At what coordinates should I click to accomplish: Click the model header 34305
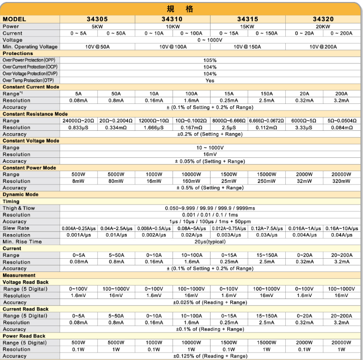[97, 19]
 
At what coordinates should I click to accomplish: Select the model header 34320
[323, 19]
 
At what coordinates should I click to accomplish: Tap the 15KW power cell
[247, 26]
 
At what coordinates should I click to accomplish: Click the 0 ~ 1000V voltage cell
[210, 40]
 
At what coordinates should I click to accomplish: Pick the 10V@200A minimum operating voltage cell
[323, 47]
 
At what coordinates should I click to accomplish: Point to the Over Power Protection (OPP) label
[30, 60]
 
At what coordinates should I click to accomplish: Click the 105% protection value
[210, 60]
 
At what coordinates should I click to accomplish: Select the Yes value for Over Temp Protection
[210, 80]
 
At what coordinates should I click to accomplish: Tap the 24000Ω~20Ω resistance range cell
[78, 120]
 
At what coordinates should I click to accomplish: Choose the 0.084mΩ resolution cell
[342, 127]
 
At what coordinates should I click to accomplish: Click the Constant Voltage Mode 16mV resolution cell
[210, 154]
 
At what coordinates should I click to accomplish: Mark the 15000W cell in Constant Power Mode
[267, 175]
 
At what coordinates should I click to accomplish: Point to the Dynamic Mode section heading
[20, 194]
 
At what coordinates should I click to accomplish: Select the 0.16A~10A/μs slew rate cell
[342, 228]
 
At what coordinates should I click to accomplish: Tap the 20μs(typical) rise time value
[210, 241]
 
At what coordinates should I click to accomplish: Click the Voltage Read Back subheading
[26, 282]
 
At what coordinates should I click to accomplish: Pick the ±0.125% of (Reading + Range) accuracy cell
[210, 356]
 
